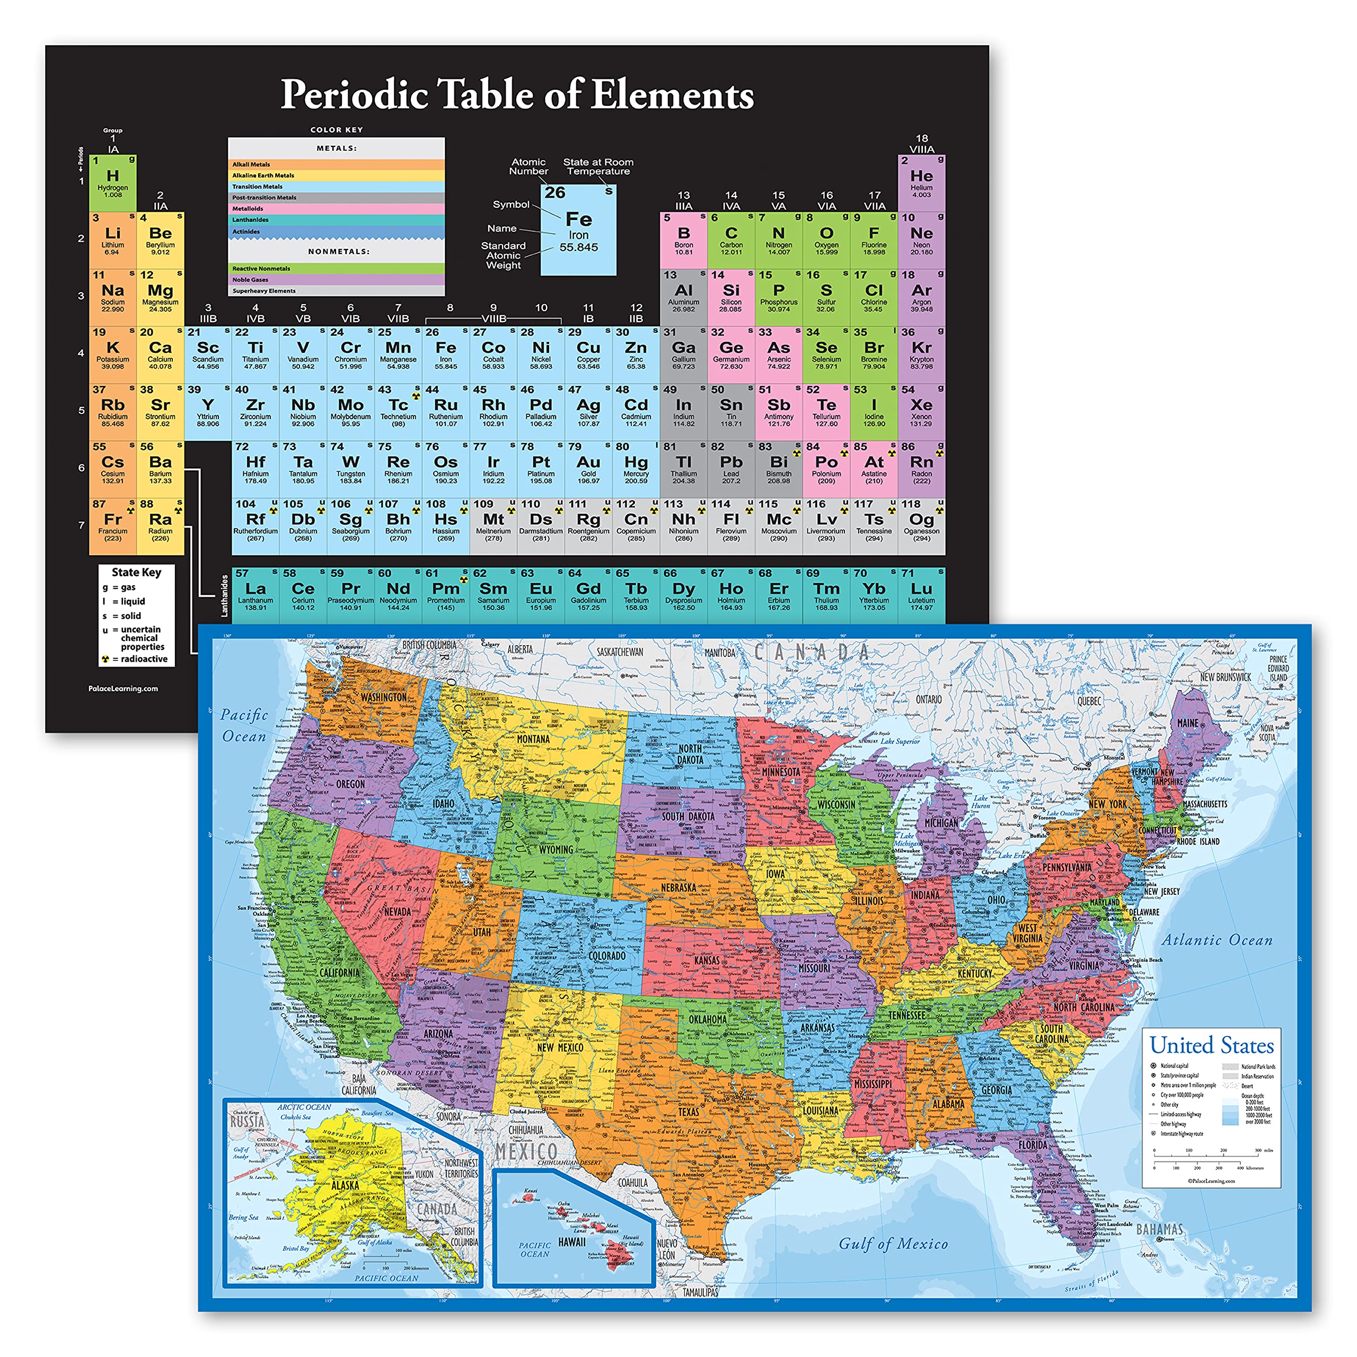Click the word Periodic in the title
(355, 94)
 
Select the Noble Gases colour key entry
(336, 279)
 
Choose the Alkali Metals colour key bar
(336, 164)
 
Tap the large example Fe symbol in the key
(579, 219)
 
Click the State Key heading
(136, 572)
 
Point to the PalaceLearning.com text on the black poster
(123, 689)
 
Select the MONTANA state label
(533, 739)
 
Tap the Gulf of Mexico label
(893, 1243)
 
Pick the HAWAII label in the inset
(572, 1242)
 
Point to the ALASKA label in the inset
(346, 1186)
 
